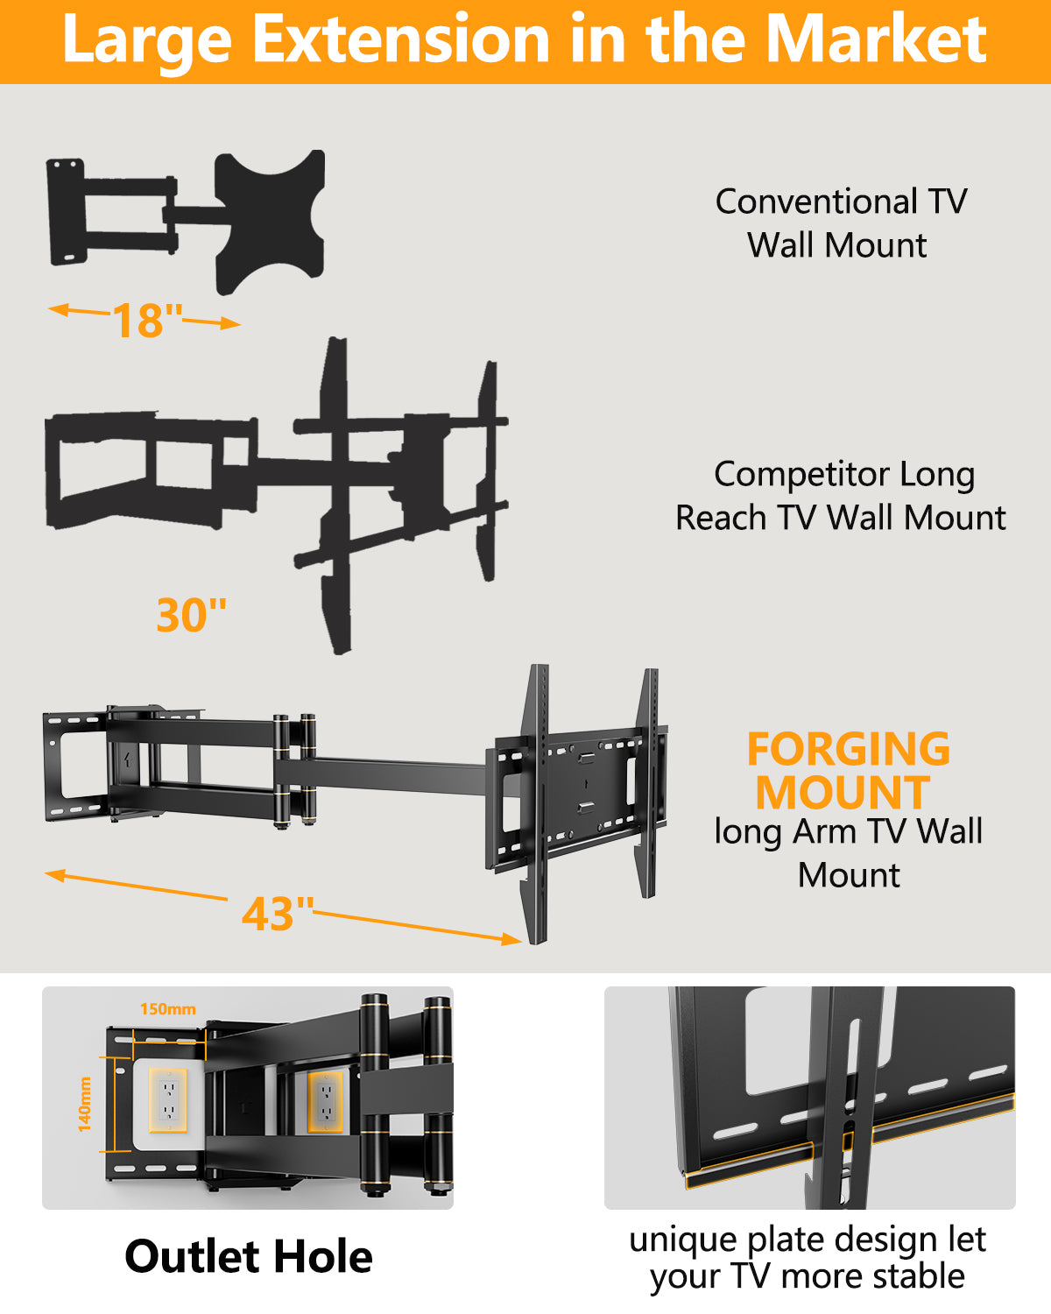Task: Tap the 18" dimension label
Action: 147,321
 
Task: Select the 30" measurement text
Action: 191,615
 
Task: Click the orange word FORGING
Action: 848,750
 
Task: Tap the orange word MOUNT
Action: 843,793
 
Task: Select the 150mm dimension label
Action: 167,1009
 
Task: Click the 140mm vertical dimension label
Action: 85,1104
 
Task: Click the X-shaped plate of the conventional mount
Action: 269,219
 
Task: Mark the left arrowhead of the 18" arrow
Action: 54,309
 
